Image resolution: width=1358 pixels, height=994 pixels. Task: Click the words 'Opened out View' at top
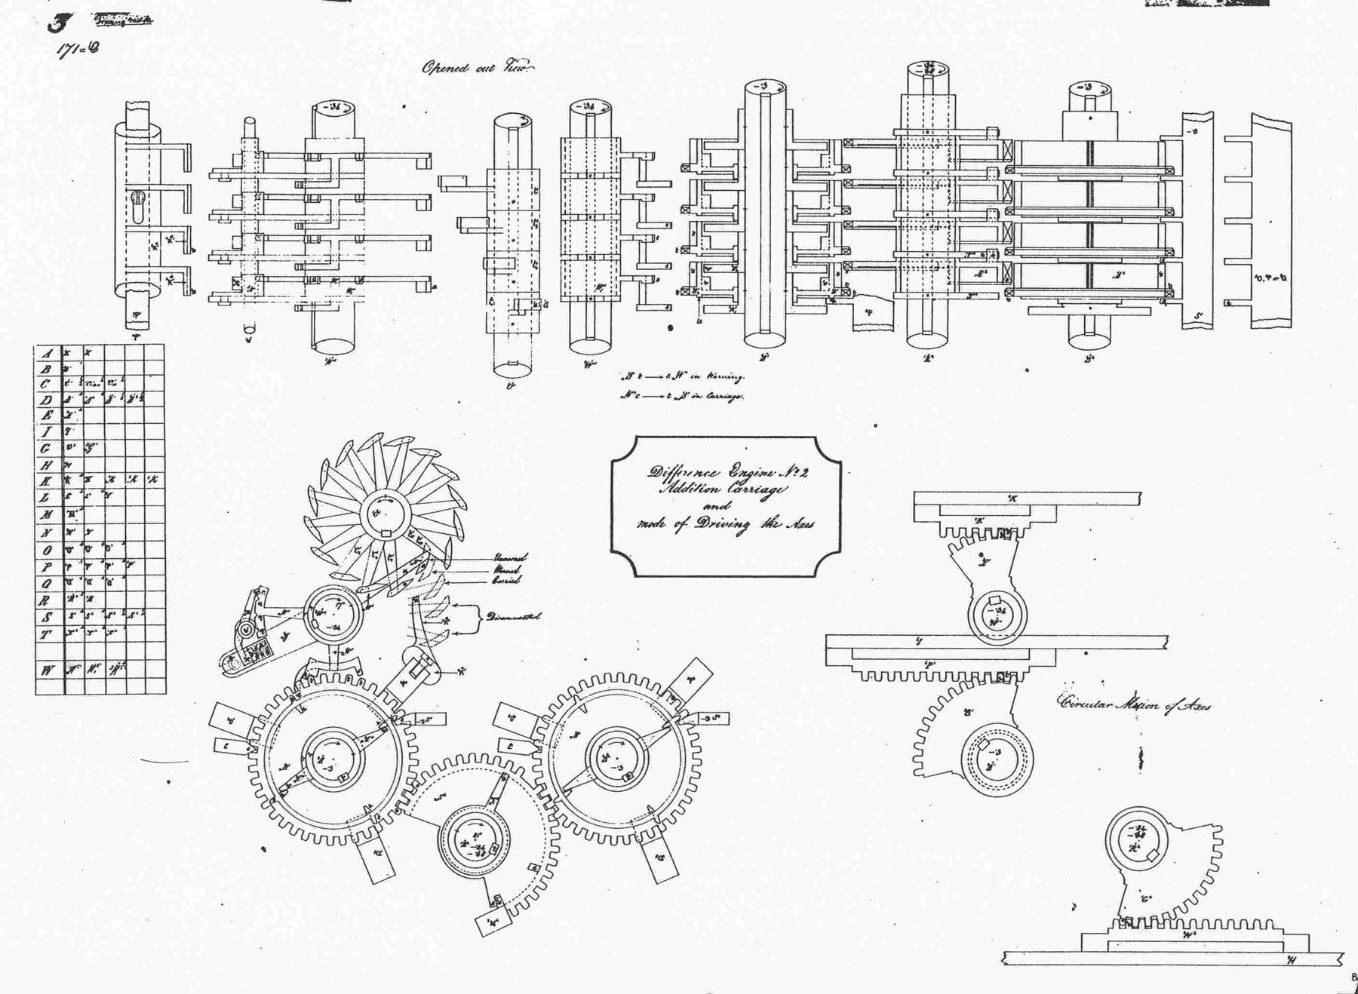[x=478, y=68]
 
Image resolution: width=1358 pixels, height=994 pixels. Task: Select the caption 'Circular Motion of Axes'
[x=1135, y=705]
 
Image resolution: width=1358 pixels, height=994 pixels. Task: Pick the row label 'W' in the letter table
[x=48, y=669]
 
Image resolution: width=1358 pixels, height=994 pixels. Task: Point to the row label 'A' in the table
[x=47, y=354]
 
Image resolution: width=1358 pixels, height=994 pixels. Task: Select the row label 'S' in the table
[x=47, y=618]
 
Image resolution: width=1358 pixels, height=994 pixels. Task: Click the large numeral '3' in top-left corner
[x=57, y=23]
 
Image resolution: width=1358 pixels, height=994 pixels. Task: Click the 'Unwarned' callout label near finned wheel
[x=510, y=557]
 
